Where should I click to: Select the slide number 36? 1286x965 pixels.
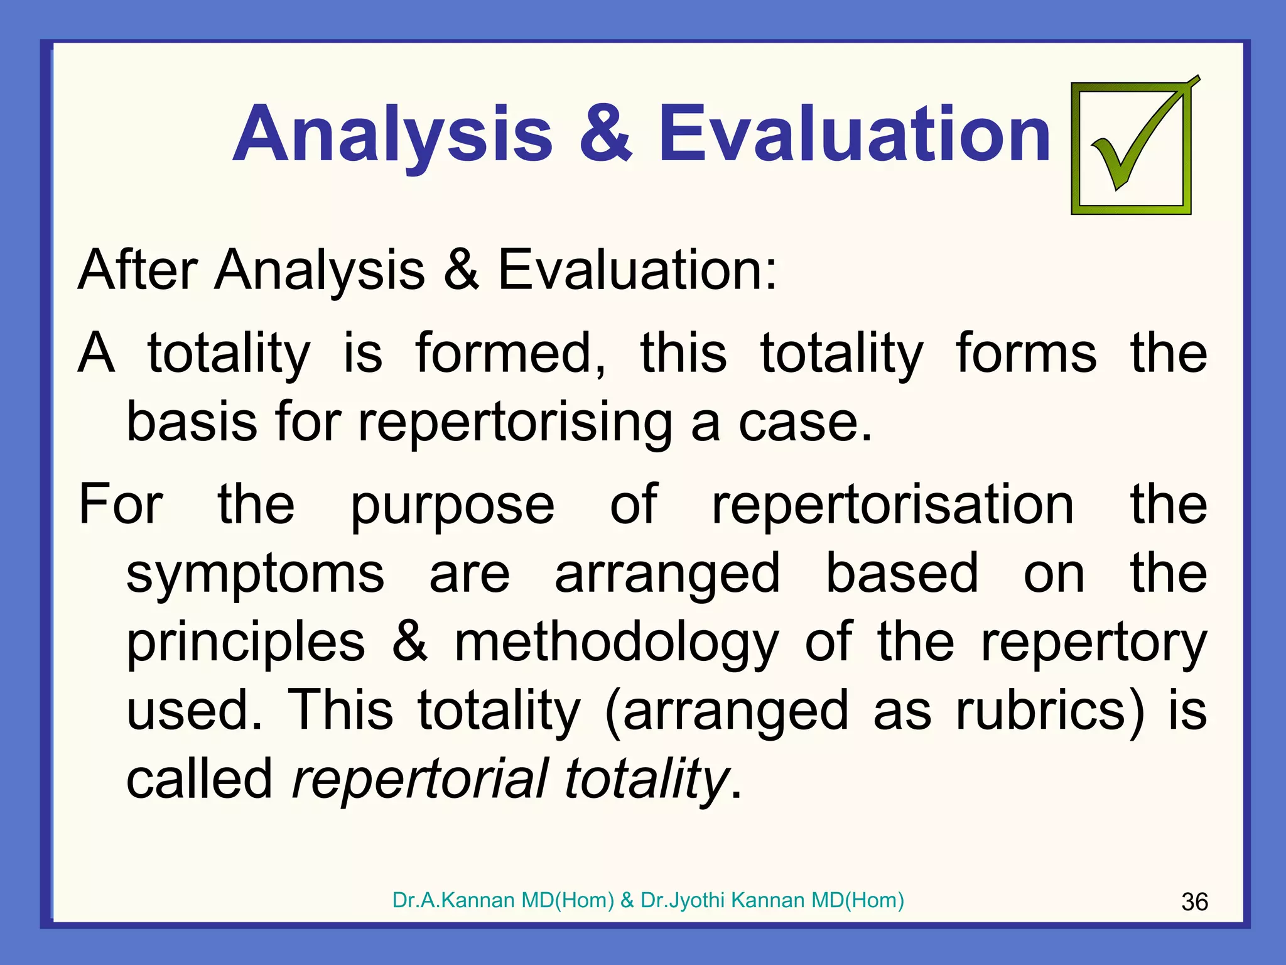tap(1194, 902)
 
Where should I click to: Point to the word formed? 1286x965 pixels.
tap(511, 353)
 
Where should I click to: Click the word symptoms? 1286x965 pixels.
tap(255, 574)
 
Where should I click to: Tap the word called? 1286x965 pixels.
tap(199, 779)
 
